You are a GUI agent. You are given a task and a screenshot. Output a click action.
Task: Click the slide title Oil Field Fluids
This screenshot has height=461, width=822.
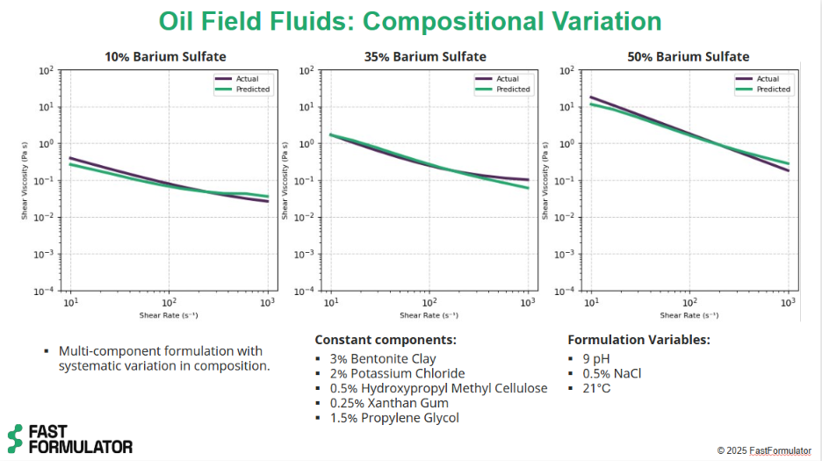tap(410, 20)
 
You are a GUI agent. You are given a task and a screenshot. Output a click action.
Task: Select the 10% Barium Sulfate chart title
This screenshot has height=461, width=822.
tap(166, 57)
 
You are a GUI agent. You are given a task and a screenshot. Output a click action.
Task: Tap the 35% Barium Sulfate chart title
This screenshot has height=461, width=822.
tap(425, 57)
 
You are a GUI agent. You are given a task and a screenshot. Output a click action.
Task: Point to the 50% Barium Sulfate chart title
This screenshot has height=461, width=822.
tap(688, 57)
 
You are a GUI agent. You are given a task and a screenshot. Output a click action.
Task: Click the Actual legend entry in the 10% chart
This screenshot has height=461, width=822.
tap(247, 79)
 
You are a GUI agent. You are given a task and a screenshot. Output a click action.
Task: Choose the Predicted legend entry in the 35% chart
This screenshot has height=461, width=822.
tap(513, 90)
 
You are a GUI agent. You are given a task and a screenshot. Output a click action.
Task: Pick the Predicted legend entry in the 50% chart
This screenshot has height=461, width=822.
tap(773, 90)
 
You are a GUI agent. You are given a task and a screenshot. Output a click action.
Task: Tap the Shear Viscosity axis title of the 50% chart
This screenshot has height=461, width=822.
tap(546, 181)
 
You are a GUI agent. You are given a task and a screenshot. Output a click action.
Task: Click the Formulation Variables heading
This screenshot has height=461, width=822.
tap(638, 340)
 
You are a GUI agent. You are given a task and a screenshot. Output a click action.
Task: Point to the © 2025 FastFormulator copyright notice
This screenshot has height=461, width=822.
tap(763, 450)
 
